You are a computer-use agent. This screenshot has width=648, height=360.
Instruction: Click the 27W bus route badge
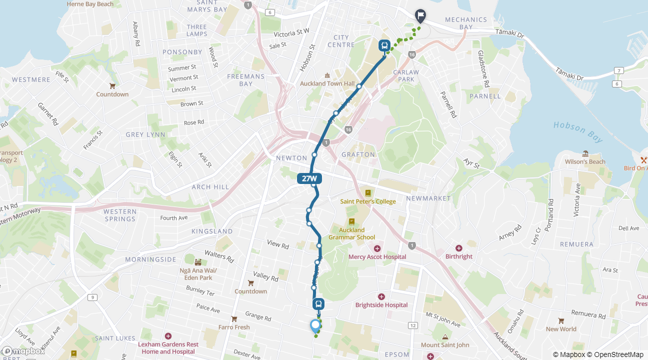[309, 178]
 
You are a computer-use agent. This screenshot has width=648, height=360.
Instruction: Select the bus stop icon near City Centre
[384, 46]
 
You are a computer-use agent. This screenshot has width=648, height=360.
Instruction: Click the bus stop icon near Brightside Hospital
[318, 304]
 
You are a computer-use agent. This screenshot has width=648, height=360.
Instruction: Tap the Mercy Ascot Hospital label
[377, 257]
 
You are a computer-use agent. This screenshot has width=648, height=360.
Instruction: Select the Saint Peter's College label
[368, 201]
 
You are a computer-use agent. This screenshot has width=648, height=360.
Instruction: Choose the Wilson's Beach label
[585, 161]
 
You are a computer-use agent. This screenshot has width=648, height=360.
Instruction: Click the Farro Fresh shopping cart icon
[234, 319]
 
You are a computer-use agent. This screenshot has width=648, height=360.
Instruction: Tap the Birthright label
[458, 256]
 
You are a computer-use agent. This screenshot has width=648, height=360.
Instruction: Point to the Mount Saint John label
[445, 344]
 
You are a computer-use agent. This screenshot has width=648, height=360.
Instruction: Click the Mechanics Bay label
[465, 23]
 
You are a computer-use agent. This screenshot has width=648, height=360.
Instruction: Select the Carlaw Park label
[406, 75]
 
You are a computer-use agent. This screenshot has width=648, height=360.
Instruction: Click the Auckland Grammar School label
[351, 233]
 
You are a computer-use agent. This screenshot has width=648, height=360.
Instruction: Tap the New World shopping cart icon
[561, 321]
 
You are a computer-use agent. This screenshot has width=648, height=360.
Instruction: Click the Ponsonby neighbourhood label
[182, 51]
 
